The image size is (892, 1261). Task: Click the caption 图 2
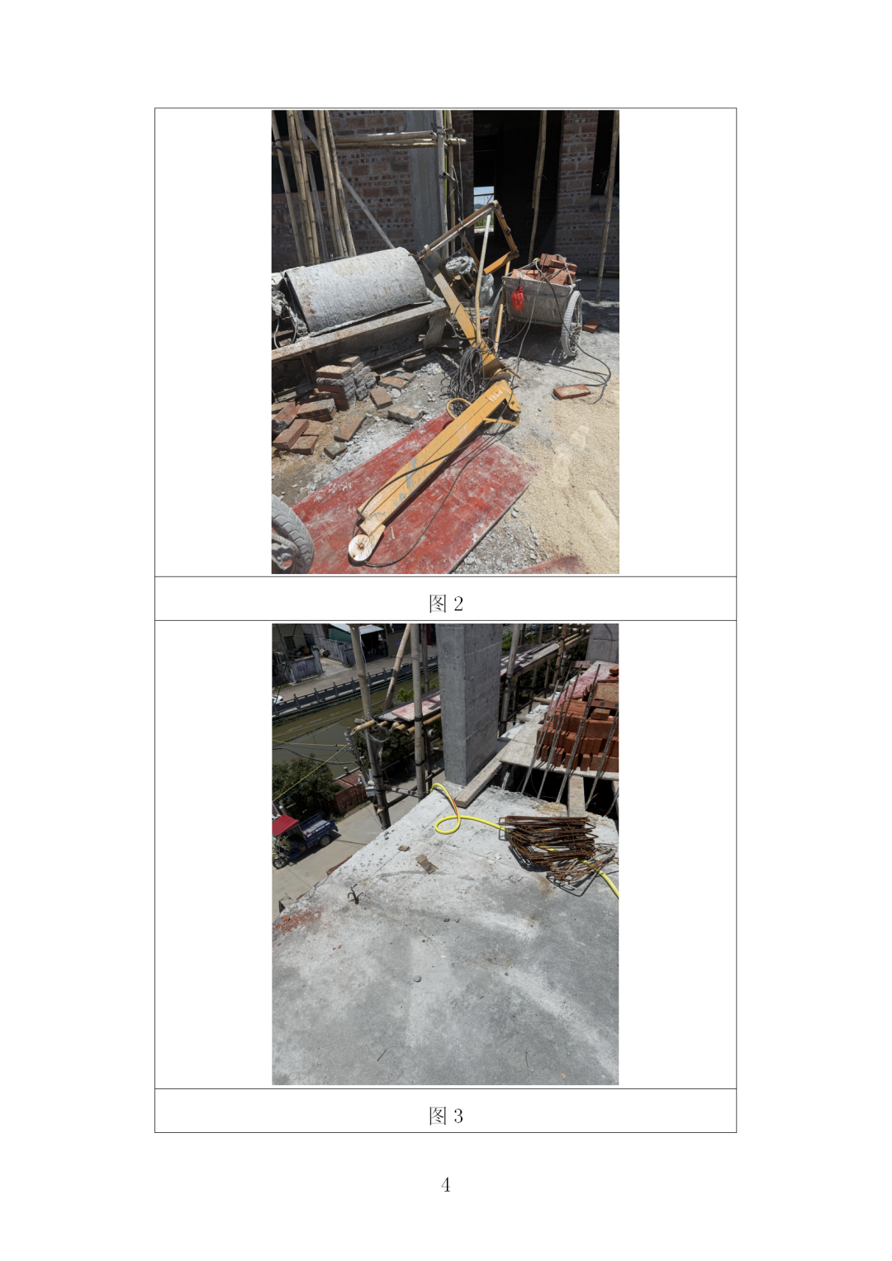(x=445, y=604)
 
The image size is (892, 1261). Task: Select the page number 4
(x=445, y=1185)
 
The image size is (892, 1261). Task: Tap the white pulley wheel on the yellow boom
(x=360, y=547)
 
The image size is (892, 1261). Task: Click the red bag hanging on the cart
(x=518, y=298)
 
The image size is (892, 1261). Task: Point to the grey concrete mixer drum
(x=356, y=289)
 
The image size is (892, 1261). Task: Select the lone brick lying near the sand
(x=572, y=391)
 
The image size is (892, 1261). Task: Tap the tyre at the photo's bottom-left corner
(x=291, y=535)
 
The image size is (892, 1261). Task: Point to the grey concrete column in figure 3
(x=469, y=703)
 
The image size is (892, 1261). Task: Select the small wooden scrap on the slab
(x=426, y=864)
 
